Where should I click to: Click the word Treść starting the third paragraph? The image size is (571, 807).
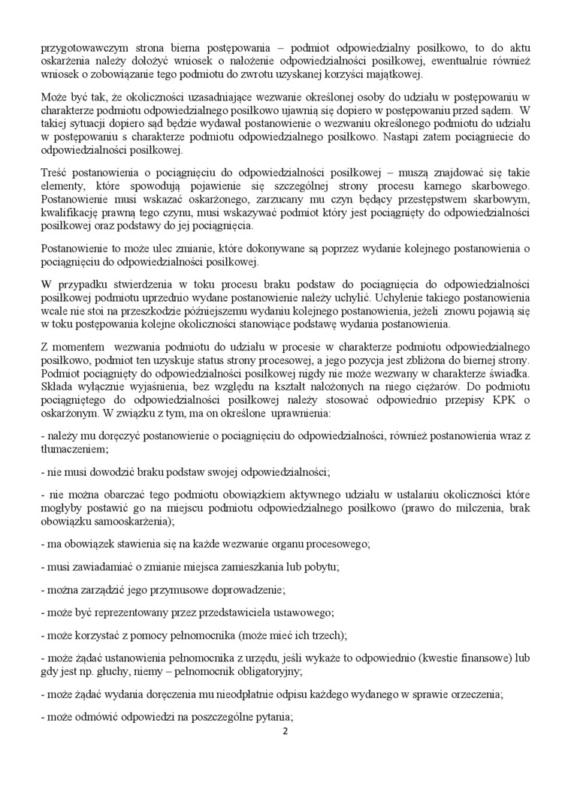click(x=53, y=173)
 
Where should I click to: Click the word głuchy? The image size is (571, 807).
click(x=115, y=670)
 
